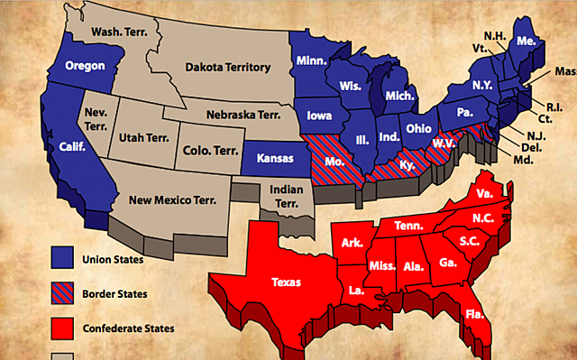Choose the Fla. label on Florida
(x=475, y=315)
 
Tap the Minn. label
(x=311, y=61)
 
